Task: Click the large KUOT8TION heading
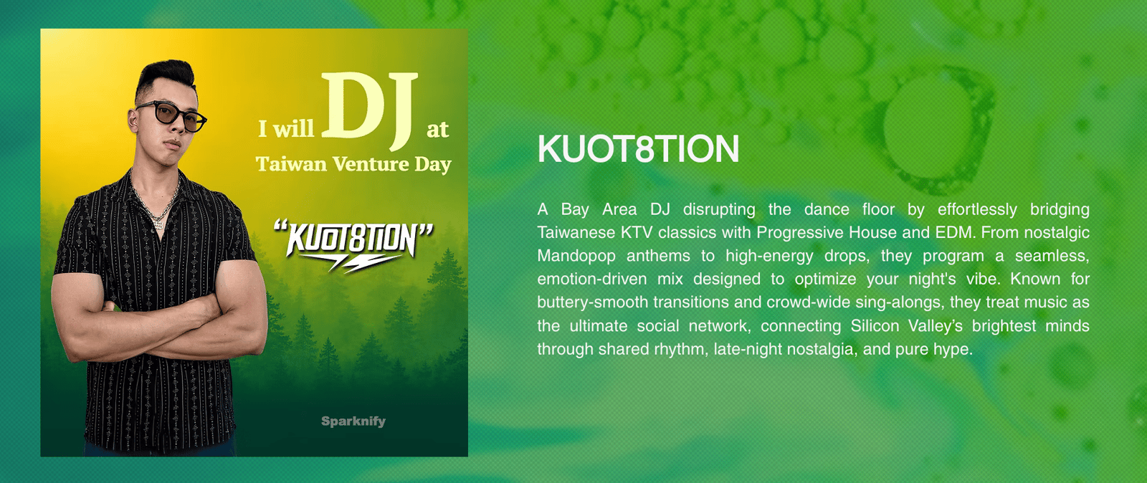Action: (x=638, y=149)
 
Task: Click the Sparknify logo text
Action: (x=353, y=421)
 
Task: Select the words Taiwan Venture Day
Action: (x=353, y=164)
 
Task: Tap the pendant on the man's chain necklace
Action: (x=158, y=223)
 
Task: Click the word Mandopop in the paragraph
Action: (x=576, y=255)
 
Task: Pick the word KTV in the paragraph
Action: (x=637, y=232)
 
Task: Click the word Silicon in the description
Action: (x=875, y=325)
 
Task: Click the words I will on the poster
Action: (x=286, y=128)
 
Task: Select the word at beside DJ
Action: (x=437, y=130)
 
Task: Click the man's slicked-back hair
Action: (x=166, y=78)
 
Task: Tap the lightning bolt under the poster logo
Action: (x=358, y=264)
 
